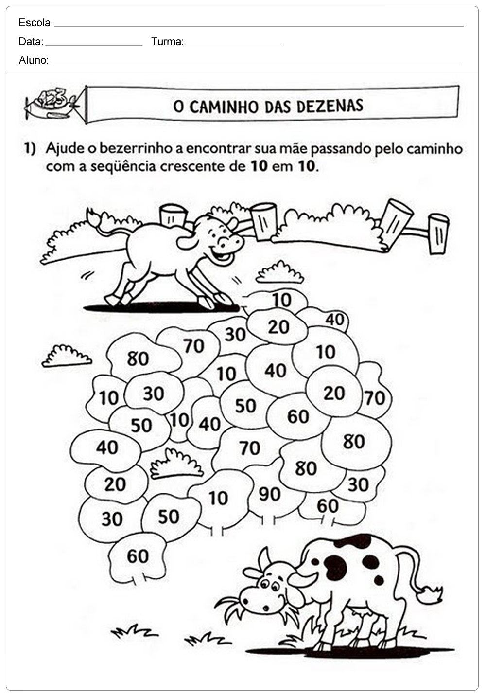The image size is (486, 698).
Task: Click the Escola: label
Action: [36, 23]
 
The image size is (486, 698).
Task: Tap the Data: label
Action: [31, 42]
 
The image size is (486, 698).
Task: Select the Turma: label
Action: [168, 42]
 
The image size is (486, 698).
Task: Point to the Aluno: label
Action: [34, 60]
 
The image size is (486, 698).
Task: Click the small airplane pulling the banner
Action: [52, 103]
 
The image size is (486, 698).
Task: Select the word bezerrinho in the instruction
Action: [136, 149]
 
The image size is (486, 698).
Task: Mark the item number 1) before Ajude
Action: [30, 149]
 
